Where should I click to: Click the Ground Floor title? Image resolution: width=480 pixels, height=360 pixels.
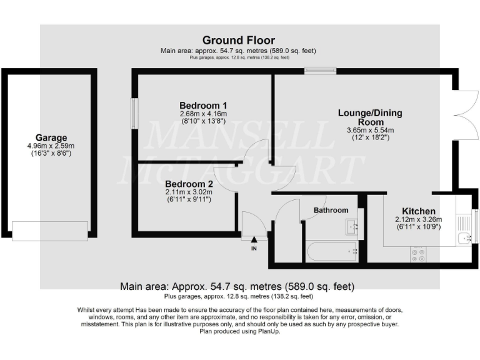(238, 41)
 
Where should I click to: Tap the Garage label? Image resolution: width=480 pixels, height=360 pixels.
(51, 137)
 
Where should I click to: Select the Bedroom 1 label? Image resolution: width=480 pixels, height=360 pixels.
(202, 105)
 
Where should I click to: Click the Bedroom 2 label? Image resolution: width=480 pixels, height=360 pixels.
(189, 184)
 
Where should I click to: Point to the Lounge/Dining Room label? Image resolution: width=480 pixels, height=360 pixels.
(370, 117)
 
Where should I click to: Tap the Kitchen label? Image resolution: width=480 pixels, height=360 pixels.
(418, 211)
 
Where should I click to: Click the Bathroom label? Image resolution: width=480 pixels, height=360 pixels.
(331, 210)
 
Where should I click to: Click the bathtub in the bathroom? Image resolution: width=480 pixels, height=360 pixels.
(331, 252)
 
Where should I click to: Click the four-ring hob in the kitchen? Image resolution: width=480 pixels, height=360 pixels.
(417, 254)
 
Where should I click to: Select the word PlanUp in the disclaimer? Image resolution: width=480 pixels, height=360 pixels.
(267, 331)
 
